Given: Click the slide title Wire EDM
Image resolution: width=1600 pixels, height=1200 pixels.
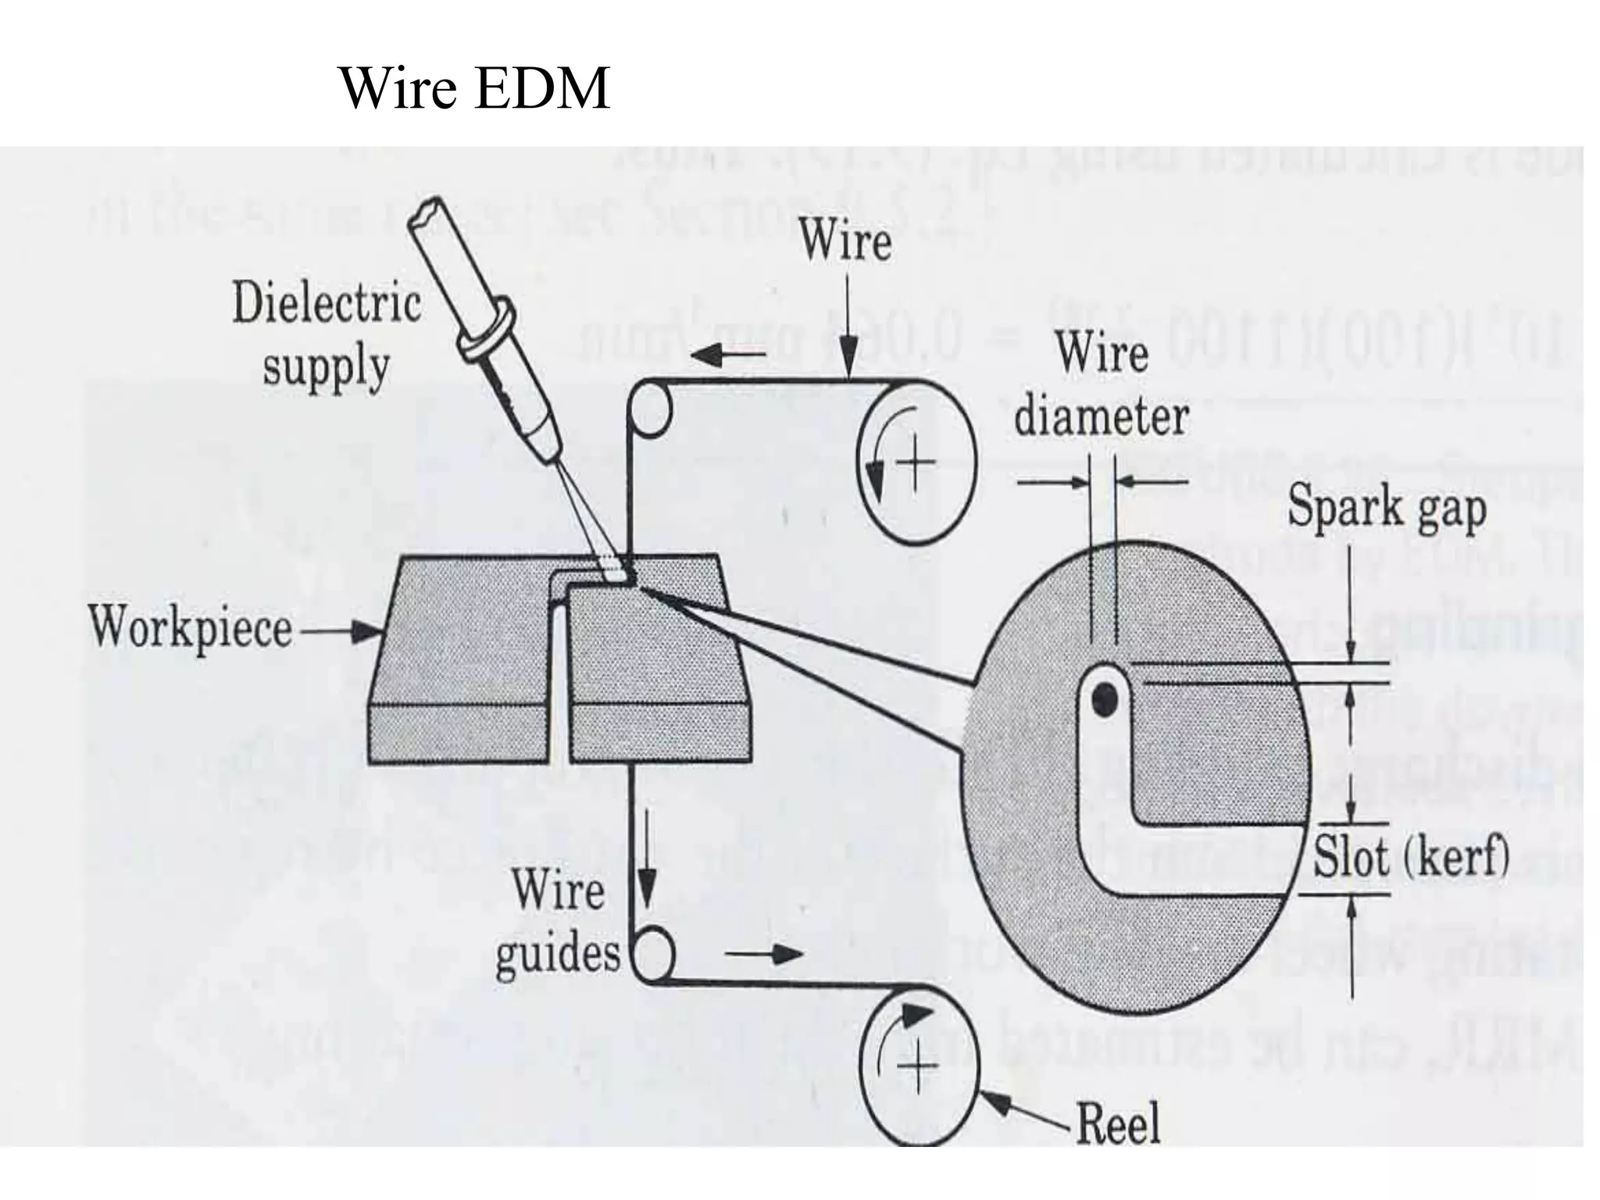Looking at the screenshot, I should pos(475,88).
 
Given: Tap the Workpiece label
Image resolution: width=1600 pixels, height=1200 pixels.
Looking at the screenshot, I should pos(190,627).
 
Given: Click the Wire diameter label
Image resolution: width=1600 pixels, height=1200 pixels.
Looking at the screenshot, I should pos(1102,384).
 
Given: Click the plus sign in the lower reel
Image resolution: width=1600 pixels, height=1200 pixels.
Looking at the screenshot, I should pos(918,1066).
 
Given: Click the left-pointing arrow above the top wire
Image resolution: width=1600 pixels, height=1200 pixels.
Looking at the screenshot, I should pos(726,355).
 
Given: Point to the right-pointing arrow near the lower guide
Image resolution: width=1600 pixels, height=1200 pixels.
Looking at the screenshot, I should pos(765,954).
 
